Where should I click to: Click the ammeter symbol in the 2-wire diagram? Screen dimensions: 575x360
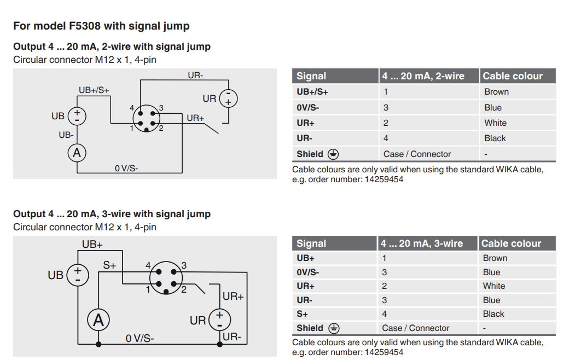(77, 153)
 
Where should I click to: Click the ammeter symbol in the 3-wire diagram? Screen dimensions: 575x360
(98, 320)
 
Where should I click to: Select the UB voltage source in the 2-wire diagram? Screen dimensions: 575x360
(77, 116)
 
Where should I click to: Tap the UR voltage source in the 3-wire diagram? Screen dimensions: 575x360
(219, 320)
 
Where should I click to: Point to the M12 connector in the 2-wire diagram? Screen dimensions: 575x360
(146, 118)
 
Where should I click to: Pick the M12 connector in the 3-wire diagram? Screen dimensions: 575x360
(166, 277)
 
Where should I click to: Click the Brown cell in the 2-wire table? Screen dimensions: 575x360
(497, 92)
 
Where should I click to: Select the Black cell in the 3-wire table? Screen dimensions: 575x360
(493, 314)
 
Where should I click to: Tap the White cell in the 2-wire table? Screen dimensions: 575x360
(496, 123)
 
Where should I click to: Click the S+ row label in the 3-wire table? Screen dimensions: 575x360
(302, 314)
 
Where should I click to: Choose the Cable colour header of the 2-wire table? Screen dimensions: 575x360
(513, 76)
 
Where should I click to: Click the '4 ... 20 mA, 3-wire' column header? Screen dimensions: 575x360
(422, 243)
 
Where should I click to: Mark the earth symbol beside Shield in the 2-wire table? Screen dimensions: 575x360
(333, 154)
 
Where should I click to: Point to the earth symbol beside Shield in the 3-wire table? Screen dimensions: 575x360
(334, 328)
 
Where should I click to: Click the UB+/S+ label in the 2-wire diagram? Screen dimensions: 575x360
(94, 90)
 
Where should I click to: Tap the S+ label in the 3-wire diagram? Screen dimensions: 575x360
(109, 265)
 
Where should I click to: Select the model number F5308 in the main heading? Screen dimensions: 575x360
(85, 26)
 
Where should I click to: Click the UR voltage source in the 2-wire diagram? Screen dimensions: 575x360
(228, 99)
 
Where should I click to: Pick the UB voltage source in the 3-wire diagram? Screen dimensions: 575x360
(78, 275)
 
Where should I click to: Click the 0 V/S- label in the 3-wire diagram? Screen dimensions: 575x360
(140, 338)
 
